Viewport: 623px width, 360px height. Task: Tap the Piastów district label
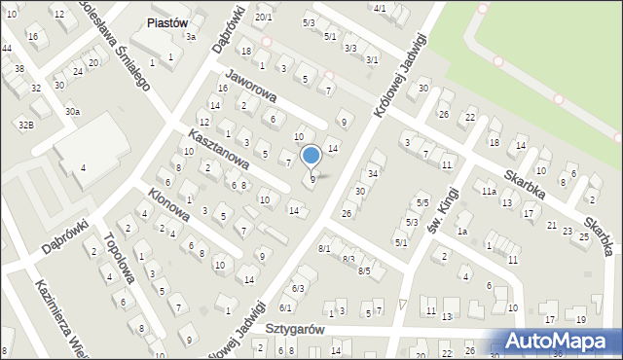[x=165, y=22]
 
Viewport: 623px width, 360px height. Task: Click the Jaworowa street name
[x=251, y=85]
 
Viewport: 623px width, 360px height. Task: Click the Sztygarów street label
[x=295, y=329]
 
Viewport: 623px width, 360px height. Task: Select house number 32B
[x=25, y=125]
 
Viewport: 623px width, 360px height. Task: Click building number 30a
[x=72, y=112]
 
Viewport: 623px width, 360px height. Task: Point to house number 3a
[x=192, y=37]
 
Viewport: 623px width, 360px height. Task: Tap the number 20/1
[x=263, y=18]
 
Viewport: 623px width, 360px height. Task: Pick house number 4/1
[x=380, y=9]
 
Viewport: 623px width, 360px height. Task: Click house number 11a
[x=488, y=192]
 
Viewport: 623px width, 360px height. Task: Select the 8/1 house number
[x=324, y=249]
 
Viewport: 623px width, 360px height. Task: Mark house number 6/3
[x=299, y=288]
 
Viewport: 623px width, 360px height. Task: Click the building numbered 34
[x=372, y=174]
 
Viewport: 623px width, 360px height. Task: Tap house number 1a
[x=463, y=231]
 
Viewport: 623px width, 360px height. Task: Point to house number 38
[x=19, y=69]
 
